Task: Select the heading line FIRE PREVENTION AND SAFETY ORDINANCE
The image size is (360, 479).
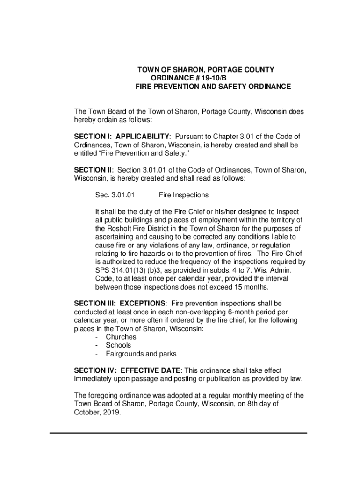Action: coord(213,87)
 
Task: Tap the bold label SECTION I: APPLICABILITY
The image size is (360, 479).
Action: coord(122,136)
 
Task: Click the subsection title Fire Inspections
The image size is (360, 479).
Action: coord(184,195)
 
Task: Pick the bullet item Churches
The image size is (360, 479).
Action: coord(121,337)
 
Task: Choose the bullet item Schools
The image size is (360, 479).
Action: coord(118,345)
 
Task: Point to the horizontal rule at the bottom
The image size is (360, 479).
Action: coord(178,433)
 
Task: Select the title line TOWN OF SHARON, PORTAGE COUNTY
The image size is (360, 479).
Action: coord(206,70)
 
